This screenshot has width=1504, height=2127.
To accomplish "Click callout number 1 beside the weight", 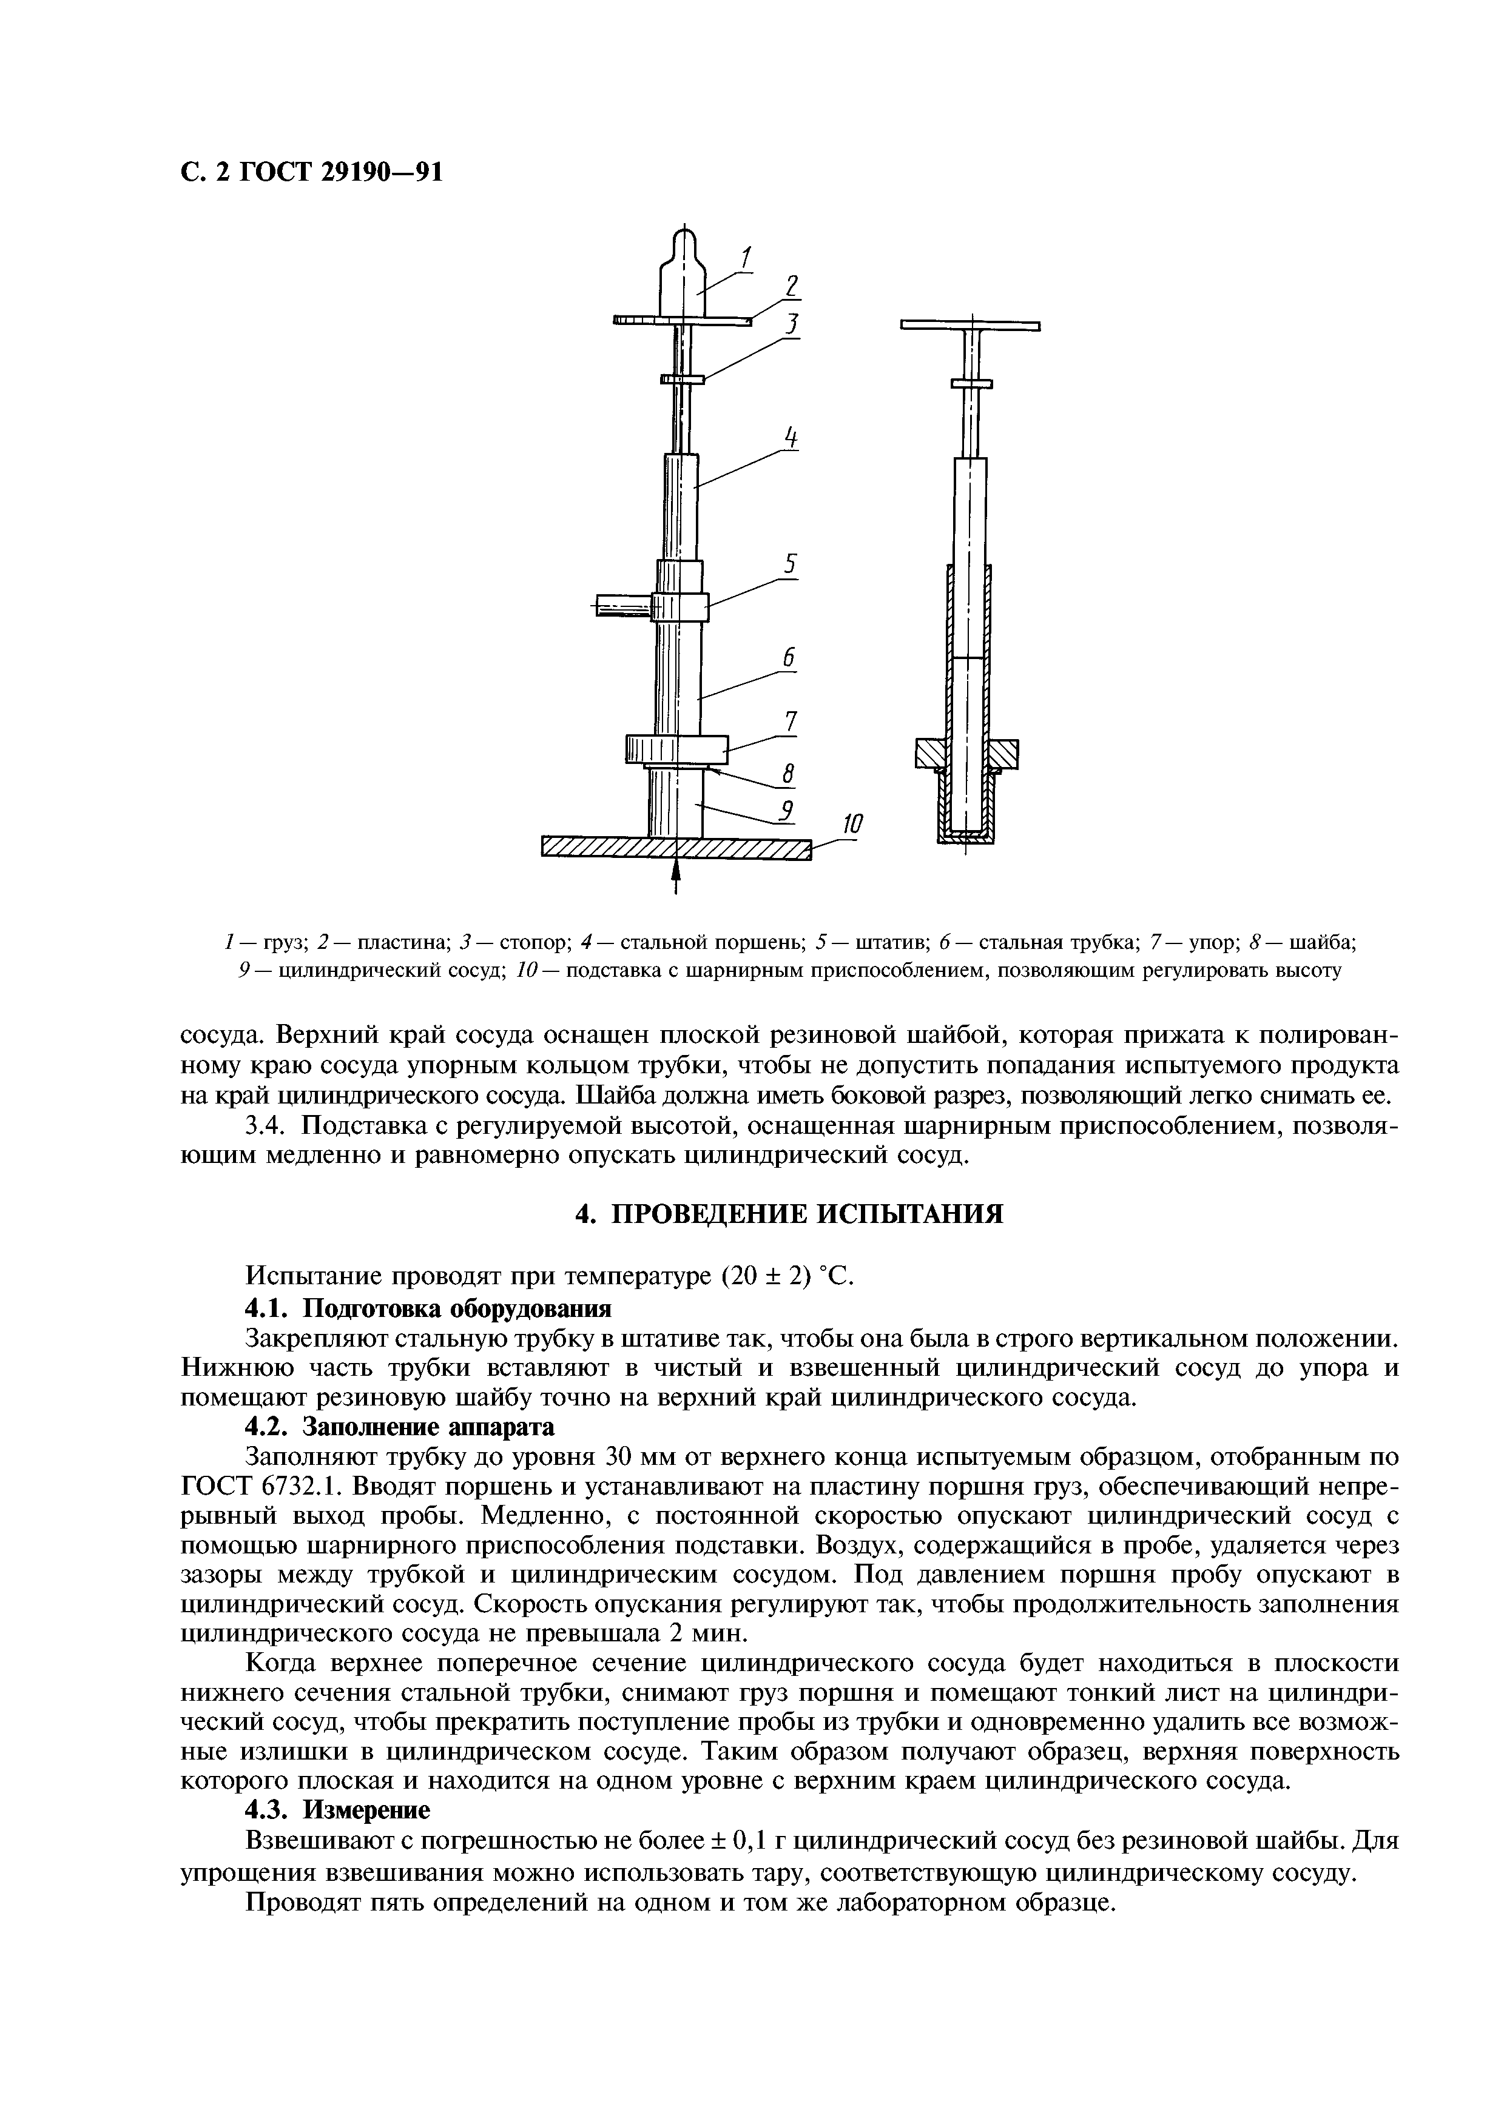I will (746, 256).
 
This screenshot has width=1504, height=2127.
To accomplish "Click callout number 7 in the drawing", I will (791, 720).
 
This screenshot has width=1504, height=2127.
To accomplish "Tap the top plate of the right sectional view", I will (970, 325).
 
